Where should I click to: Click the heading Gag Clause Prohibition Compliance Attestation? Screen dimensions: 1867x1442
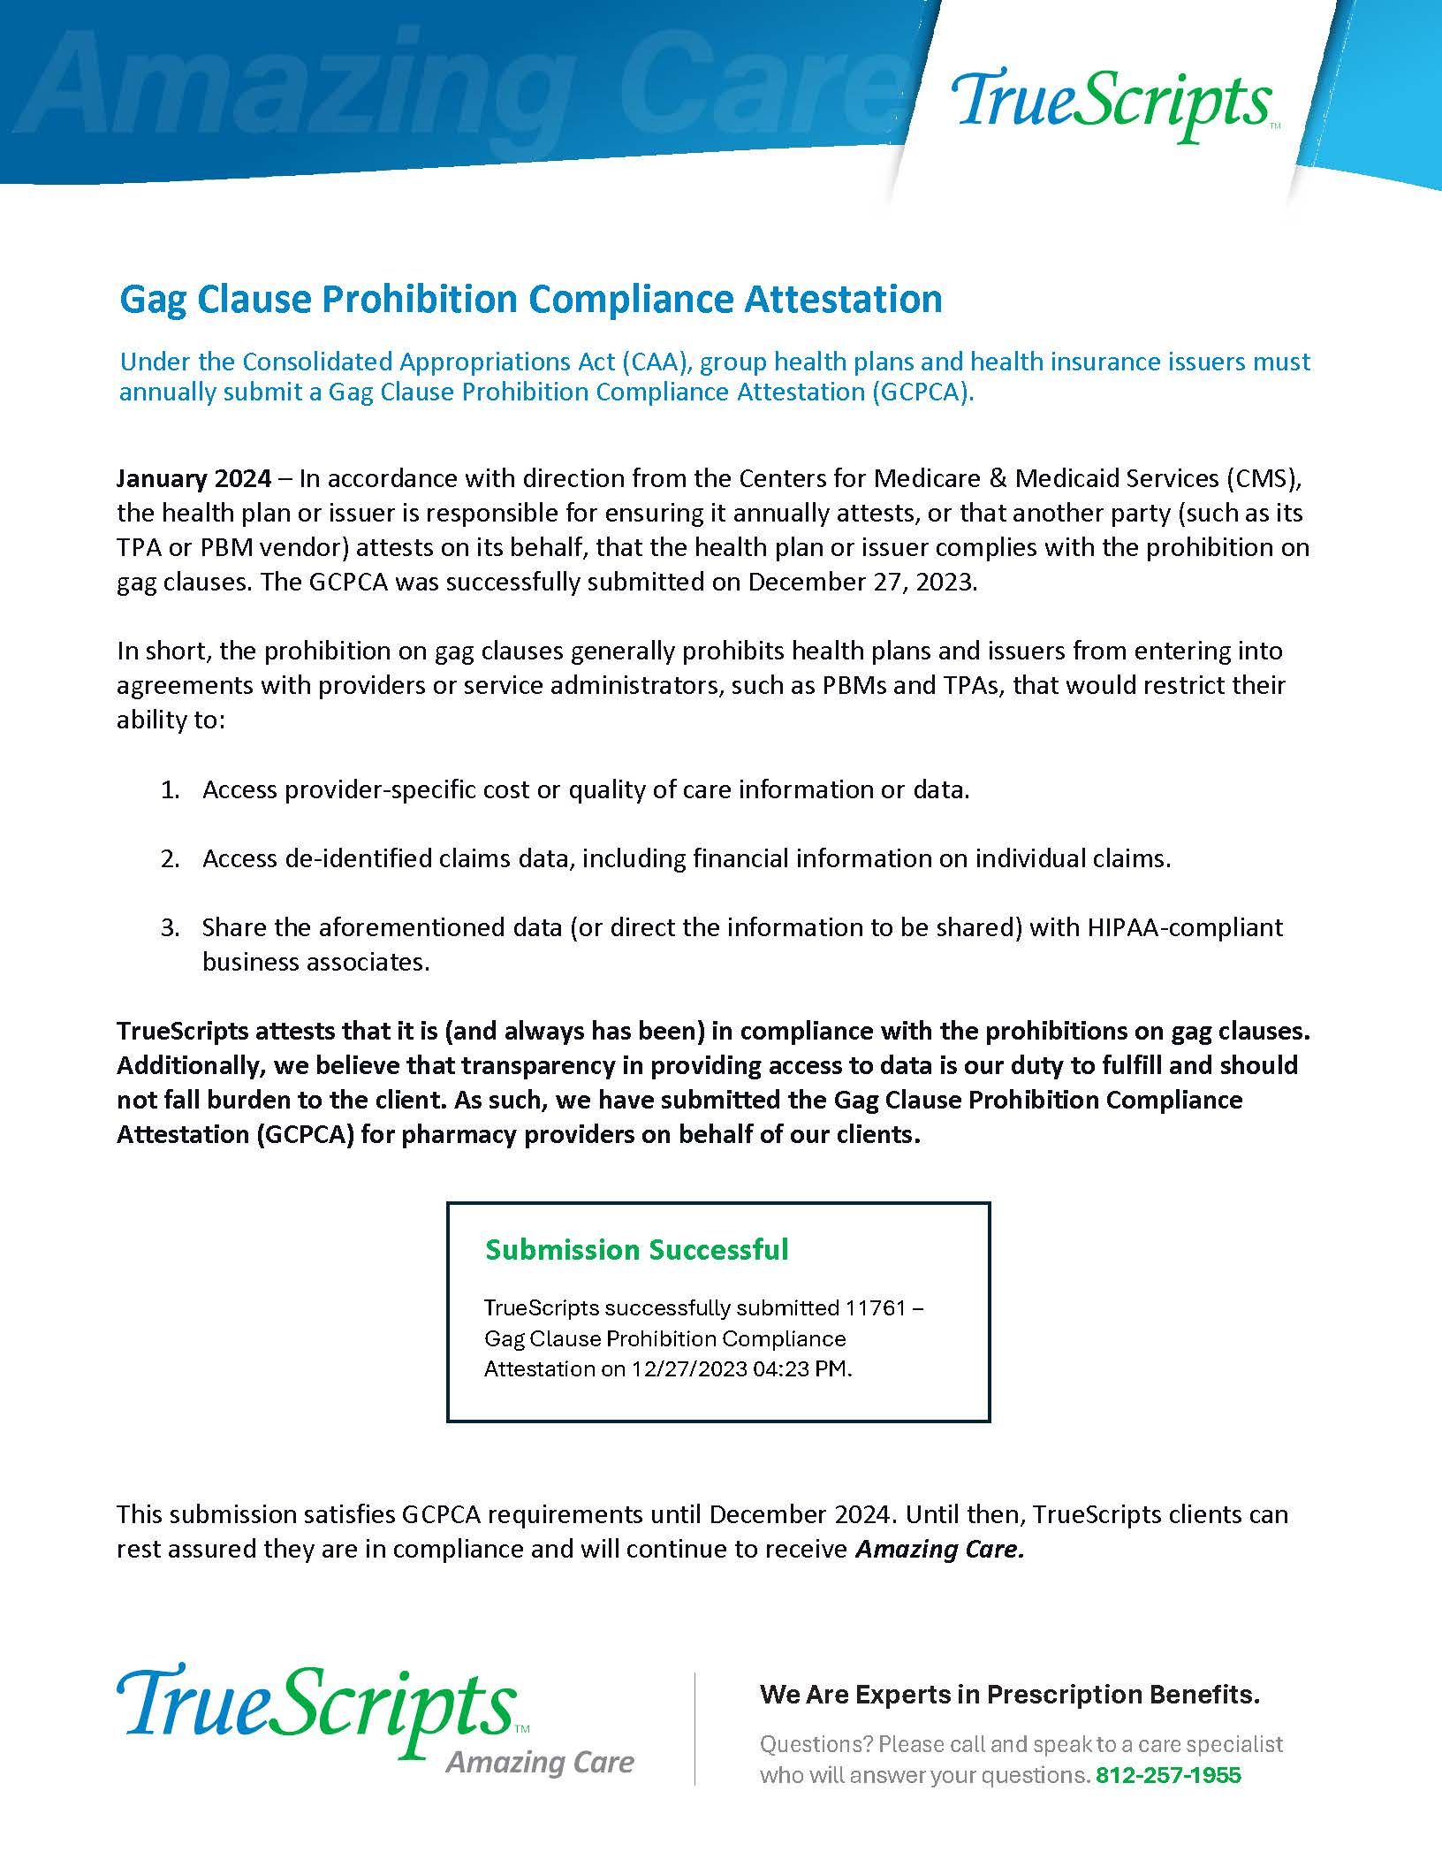click(530, 299)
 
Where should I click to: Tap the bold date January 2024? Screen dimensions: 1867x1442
click(194, 479)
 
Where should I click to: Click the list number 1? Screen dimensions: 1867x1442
click(169, 789)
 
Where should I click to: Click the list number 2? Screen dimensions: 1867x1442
click(169, 858)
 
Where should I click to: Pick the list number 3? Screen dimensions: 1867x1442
click(169, 927)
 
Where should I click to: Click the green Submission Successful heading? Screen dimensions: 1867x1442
click(636, 1249)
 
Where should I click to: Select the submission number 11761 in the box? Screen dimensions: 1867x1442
click(876, 1307)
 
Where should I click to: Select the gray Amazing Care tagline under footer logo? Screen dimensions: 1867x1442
click(540, 1762)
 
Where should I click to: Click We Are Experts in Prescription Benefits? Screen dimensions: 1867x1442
click(1009, 1695)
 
